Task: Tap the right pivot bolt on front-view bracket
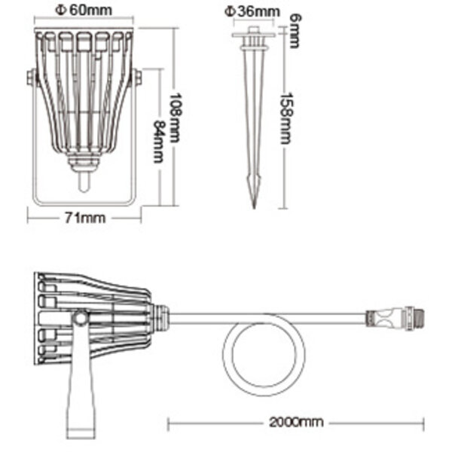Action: [x=137, y=78]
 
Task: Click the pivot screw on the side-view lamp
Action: [x=80, y=319]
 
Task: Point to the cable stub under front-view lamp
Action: [x=84, y=181]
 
